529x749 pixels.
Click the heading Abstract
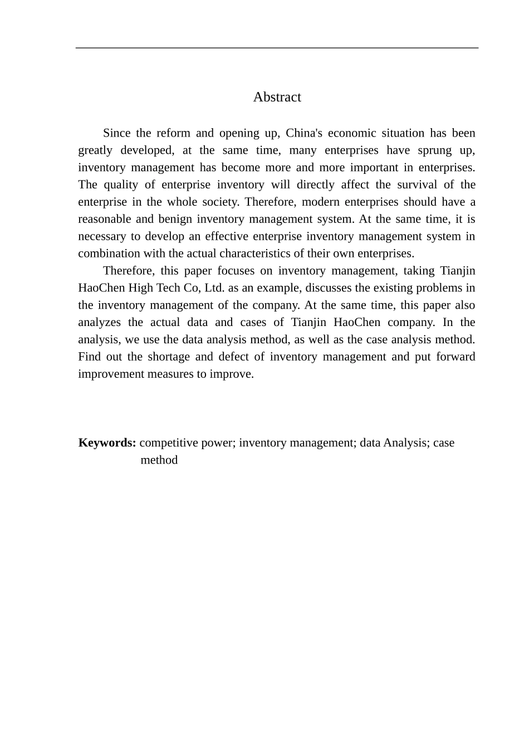click(x=277, y=97)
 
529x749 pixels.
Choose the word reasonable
click(x=104, y=220)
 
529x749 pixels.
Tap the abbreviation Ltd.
click(x=214, y=289)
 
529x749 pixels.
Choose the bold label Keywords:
click(x=107, y=443)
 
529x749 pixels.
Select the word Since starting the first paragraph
click(x=117, y=133)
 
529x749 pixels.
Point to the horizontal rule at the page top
click(x=277, y=48)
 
